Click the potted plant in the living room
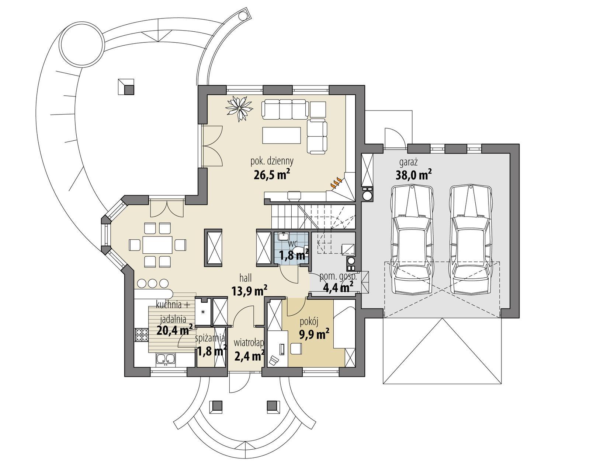coord(239,108)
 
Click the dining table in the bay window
coord(158,244)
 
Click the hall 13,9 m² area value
coord(249,291)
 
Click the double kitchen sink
coord(166,359)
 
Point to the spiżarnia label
coord(211,337)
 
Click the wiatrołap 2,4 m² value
coord(249,356)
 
